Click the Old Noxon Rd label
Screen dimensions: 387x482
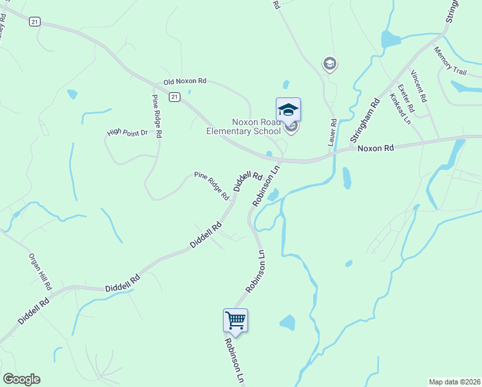pyautogui.click(x=185, y=82)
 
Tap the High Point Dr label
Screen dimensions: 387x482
pyautogui.click(x=128, y=133)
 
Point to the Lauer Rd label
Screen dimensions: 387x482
pyautogui.click(x=333, y=132)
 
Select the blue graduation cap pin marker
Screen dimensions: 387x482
pyautogui.click(x=288, y=110)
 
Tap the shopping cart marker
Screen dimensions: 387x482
pyautogui.click(x=235, y=320)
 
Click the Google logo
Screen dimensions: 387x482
pyautogui.click(x=21, y=379)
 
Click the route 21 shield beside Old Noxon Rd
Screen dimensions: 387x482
pyautogui.click(x=174, y=97)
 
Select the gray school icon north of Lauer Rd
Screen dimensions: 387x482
pyautogui.click(x=330, y=63)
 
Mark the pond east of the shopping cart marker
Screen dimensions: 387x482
pyautogui.click(x=287, y=322)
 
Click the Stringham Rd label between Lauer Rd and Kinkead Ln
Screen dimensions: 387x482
pyautogui.click(x=364, y=121)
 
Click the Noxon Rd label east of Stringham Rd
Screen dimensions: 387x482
pyautogui.click(x=375, y=148)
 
